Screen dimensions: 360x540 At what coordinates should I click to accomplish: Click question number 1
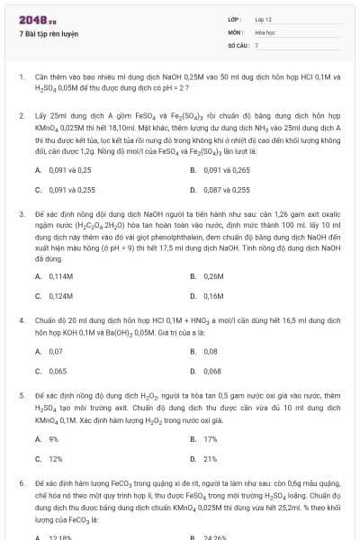pyautogui.click(x=21, y=77)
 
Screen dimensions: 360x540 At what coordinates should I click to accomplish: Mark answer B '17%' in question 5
pyautogui.click(x=211, y=438)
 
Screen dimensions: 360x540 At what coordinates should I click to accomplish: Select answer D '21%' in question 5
pyautogui.click(x=211, y=459)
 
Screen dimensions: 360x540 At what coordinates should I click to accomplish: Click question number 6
pyautogui.click(x=21, y=483)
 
